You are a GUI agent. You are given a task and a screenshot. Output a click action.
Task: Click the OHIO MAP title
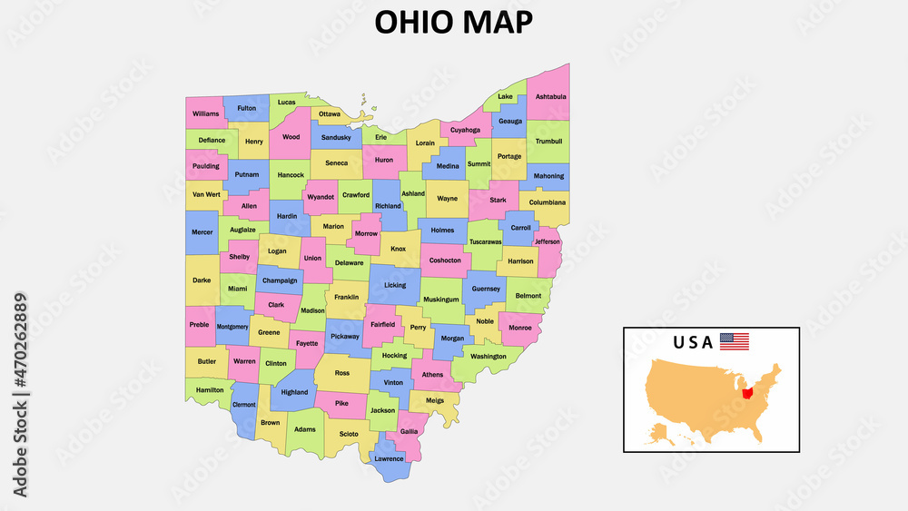pos(454,22)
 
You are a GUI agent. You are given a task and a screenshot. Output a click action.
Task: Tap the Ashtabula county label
pos(550,96)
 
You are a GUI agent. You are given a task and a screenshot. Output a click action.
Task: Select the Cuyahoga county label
pos(465,130)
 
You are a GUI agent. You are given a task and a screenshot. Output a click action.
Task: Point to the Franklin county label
pos(346,297)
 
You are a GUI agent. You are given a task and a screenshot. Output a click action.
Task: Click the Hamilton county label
pos(210,389)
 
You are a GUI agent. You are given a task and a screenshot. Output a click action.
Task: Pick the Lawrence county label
pos(389,458)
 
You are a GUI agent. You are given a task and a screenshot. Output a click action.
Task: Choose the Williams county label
pos(206,113)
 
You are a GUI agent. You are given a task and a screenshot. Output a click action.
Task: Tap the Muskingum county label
pos(441,299)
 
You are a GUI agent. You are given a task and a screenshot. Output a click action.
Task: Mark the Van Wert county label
pos(205,194)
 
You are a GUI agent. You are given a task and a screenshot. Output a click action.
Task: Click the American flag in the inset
pos(735,342)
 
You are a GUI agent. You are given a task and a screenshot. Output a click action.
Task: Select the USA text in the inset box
pos(693,343)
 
